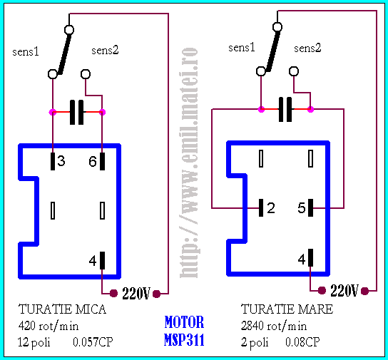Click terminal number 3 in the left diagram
tap(53, 161)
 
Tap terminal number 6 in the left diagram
tap(102, 161)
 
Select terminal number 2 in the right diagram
tap(261, 207)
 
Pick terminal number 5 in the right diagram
tap(310, 207)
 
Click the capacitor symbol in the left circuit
tap(77, 112)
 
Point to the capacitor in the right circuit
tap(285, 109)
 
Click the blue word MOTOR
tap(184, 322)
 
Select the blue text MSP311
tap(184, 340)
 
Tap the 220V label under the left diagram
tap(136, 294)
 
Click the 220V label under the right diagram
tap(344, 291)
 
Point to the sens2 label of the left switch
tap(105, 50)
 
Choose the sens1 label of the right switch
tap(242, 48)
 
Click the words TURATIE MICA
tap(62, 309)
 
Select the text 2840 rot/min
tap(274, 326)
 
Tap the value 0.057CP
tap(93, 342)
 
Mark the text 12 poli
tap(34, 343)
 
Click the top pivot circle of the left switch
tap(69, 30)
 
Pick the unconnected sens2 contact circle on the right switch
tap(294, 71)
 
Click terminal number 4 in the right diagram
tap(310, 258)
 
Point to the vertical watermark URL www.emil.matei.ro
tap(189, 163)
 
